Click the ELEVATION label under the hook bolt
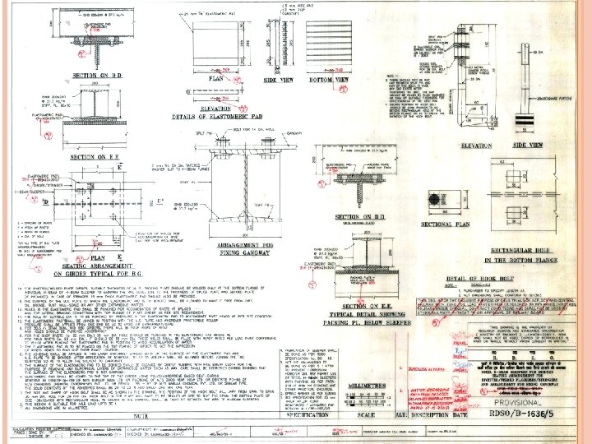454,145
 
